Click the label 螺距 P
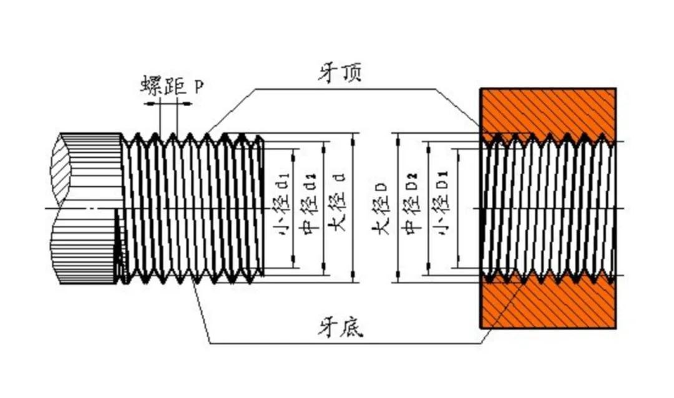[171, 85]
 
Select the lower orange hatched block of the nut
[548, 306]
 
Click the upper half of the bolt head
[86, 168]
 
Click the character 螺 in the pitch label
[152, 85]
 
